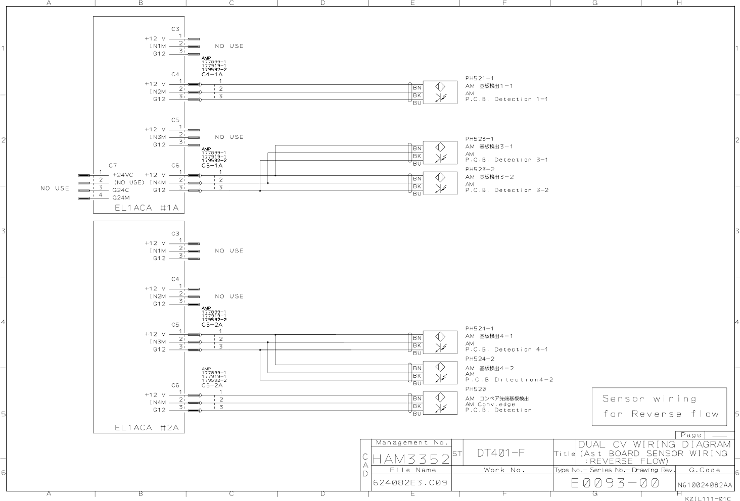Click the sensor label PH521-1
(x=479, y=78)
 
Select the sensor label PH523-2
(x=480, y=169)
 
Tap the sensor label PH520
(x=475, y=389)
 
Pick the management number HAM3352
(x=411, y=459)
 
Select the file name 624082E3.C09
(x=410, y=482)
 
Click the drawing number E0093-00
(x=615, y=483)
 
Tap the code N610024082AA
(x=705, y=485)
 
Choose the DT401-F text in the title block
(x=501, y=453)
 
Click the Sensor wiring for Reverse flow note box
(x=659, y=407)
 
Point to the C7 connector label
(x=113, y=165)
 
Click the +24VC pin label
(x=123, y=175)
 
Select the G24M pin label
(x=121, y=197)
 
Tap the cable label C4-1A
(x=212, y=74)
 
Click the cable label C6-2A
(x=212, y=385)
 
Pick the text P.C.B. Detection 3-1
(x=506, y=160)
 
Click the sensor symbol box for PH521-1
(x=440, y=92)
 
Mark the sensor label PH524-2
(x=480, y=359)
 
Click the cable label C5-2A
(x=212, y=325)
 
